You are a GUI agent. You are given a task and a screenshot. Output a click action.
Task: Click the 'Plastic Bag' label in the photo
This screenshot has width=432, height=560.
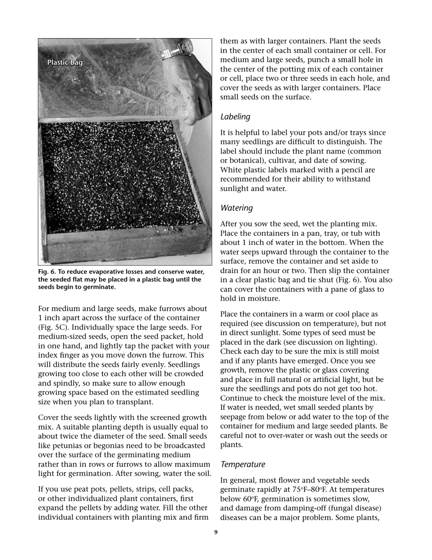(x=65, y=62)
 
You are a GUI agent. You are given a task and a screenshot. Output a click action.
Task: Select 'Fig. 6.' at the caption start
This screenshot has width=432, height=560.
(x=46, y=272)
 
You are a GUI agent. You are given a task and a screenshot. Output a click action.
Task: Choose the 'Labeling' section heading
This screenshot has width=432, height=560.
(x=235, y=117)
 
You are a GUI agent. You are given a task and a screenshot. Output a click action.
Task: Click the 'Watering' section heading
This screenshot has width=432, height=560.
(x=236, y=208)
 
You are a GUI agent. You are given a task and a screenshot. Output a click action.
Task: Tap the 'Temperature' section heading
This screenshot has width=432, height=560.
(x=242, y=464)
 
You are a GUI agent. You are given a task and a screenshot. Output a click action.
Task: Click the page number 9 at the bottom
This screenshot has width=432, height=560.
(x=216, y=532)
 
